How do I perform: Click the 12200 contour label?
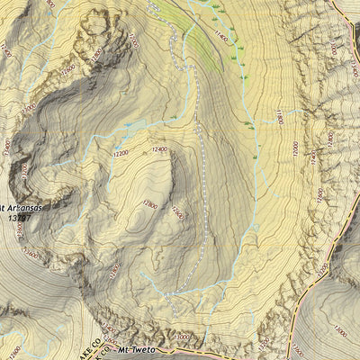point(121,154)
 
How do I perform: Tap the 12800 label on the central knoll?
point(149,204)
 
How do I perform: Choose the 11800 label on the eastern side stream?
point(280,117)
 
